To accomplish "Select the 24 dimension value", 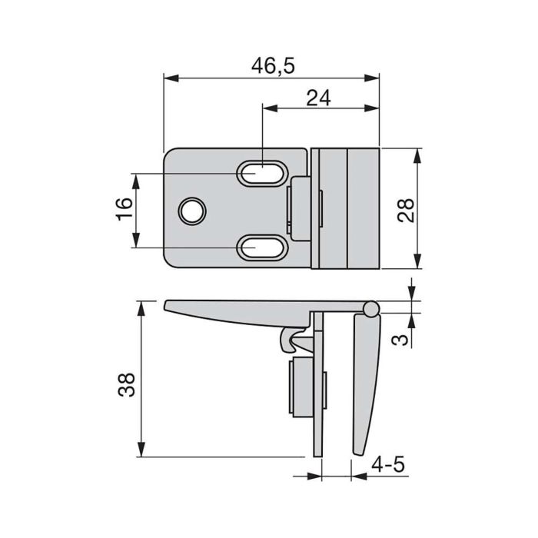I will click(318, 98).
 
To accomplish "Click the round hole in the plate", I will click(191, 210).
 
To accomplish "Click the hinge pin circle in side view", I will click(371, 309).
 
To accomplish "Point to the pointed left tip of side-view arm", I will click(168, 307).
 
